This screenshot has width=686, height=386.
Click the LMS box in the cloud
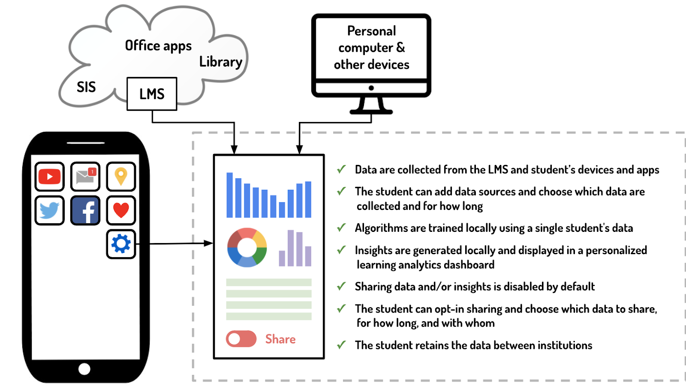click(x=152, y=94)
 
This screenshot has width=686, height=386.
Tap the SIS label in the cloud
click(x=86, y=87)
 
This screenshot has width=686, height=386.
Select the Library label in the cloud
click(x=221, y=62)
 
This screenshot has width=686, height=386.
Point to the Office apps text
click(x=158, y=46)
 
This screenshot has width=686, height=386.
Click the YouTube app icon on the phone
click(x=50, y=176)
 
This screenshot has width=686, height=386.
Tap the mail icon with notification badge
click(x=85, y=176)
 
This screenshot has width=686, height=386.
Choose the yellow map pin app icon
click(x=121, y=176)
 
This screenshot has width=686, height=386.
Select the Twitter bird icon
click(x=50, y=210)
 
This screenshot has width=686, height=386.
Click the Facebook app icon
click(x=85, y=210)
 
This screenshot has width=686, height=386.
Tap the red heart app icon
click(x=121, y=210)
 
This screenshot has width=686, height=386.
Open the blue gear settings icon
click(x=121, y=244)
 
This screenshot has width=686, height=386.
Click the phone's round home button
click(x=84, y=369)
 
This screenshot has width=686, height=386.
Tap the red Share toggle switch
click(x=241, y=339)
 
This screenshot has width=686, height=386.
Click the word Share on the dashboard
click(x=280, y=339)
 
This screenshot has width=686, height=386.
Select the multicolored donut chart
click(x=247, y=248)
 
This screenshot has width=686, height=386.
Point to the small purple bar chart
click(x=295, y=249)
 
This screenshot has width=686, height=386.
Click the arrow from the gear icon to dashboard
click(x=180, y=243)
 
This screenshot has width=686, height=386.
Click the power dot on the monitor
click(x=371, y=88)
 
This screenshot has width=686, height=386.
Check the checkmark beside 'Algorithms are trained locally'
click(x=341, y=228)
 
